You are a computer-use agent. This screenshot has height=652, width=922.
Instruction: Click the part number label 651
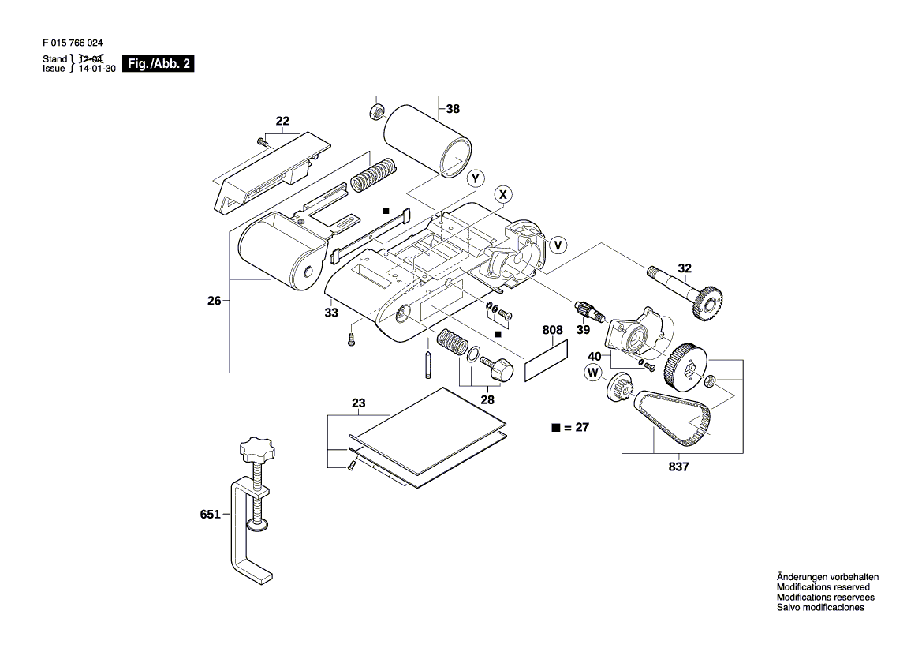coord(210,515)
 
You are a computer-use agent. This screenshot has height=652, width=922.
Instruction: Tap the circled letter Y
coord(476,179)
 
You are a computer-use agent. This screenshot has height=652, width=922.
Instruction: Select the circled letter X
coord(502,194)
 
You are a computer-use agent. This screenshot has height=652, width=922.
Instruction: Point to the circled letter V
coord(558,245)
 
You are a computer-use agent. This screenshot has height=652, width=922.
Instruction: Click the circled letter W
coord(593,373)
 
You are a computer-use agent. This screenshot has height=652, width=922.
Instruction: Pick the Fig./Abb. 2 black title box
coord(159,64)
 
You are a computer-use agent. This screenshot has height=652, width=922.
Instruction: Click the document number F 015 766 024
coord(73,43)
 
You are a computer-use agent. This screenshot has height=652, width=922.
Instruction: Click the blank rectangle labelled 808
coord(547,359)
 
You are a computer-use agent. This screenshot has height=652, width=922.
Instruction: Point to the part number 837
coord(678,467)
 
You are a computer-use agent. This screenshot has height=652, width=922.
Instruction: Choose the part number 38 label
coord(453,109)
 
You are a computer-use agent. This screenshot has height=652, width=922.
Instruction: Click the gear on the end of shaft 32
coord(708,302)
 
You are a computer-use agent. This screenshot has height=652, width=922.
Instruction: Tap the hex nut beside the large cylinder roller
coord(375,111)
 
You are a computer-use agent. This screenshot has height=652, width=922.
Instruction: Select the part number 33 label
coord(331,313)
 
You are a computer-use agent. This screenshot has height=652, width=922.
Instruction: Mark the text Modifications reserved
coord(823,587)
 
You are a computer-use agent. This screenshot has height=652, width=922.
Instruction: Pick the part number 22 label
coord(283,122)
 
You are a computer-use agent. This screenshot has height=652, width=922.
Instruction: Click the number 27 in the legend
coord(582,427)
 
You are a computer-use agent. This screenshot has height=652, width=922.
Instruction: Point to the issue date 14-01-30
coord(97,68)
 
